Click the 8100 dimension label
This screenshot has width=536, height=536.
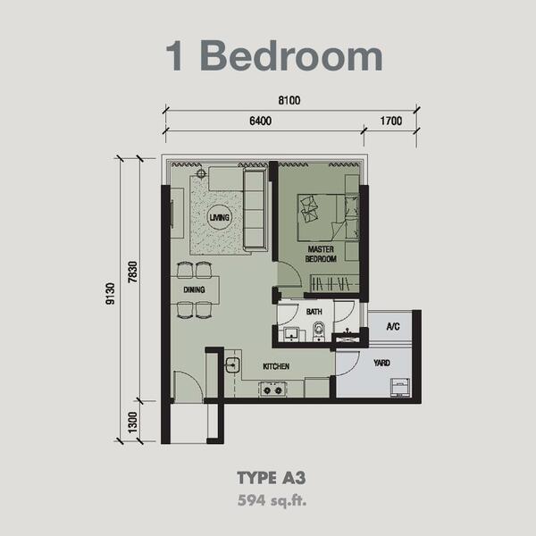[289, 100]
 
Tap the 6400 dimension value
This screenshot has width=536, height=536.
[261, 121]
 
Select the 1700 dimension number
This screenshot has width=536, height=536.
[391, 121]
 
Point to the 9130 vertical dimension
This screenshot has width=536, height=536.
[111, 294]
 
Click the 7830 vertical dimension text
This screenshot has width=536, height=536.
[132, 272]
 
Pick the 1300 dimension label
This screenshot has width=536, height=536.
[132, 423]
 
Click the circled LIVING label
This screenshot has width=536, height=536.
[220, 217]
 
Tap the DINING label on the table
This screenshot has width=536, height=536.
[194, 289]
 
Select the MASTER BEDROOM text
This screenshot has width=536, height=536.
[321, 254]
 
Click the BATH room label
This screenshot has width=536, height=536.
[314, 312]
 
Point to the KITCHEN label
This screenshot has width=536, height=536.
[276, 366]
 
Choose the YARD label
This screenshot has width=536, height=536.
[381, 363]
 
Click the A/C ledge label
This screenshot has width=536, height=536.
[393, 326]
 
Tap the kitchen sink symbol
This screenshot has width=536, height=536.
[233, 365]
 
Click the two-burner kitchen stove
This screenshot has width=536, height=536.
[272, 389]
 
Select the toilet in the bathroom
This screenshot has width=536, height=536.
[318, 331]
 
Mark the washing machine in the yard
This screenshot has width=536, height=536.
[400, 388]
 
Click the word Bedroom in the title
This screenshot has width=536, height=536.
[291, 55]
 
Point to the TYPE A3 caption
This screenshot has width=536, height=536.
[271, 478]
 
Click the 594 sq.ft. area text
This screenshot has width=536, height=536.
[272, 500]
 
